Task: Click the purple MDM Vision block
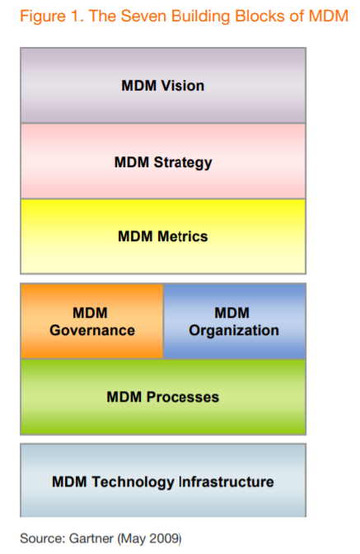pos(162,86)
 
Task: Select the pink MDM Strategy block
pos(162,161)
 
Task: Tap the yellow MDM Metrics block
pos(162,237)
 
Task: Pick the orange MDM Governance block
pos(91,322)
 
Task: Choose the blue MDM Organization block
pos(234,322)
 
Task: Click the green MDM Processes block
pos(162,397)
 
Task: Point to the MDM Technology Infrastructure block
pos(162,481)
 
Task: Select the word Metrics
pos(181,237)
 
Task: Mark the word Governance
pos(91,331)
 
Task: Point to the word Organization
pos(234,331)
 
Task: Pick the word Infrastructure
pos(226,482)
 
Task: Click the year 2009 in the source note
pos(164,539)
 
